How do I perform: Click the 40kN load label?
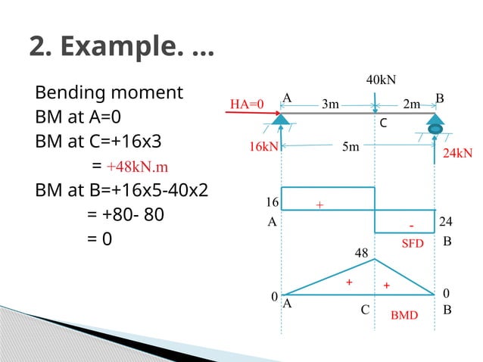(x=382, y=80)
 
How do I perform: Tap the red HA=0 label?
(x=246, y=105)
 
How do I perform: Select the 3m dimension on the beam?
(x=330, y=105)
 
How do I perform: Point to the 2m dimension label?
(x=411, y=105)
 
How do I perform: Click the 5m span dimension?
(x=351, y=147)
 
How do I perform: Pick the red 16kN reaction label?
(x=263, y=147)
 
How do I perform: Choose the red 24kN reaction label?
(x=457, y=153)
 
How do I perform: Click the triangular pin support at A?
(x=282, y=120)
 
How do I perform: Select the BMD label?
(x=404, y=314)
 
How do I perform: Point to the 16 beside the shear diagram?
(x=271, y=203)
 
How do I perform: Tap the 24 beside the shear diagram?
(x=446, y=222)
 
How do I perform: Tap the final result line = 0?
(x=99, y=239)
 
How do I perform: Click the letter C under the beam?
(x=383, y=122)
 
